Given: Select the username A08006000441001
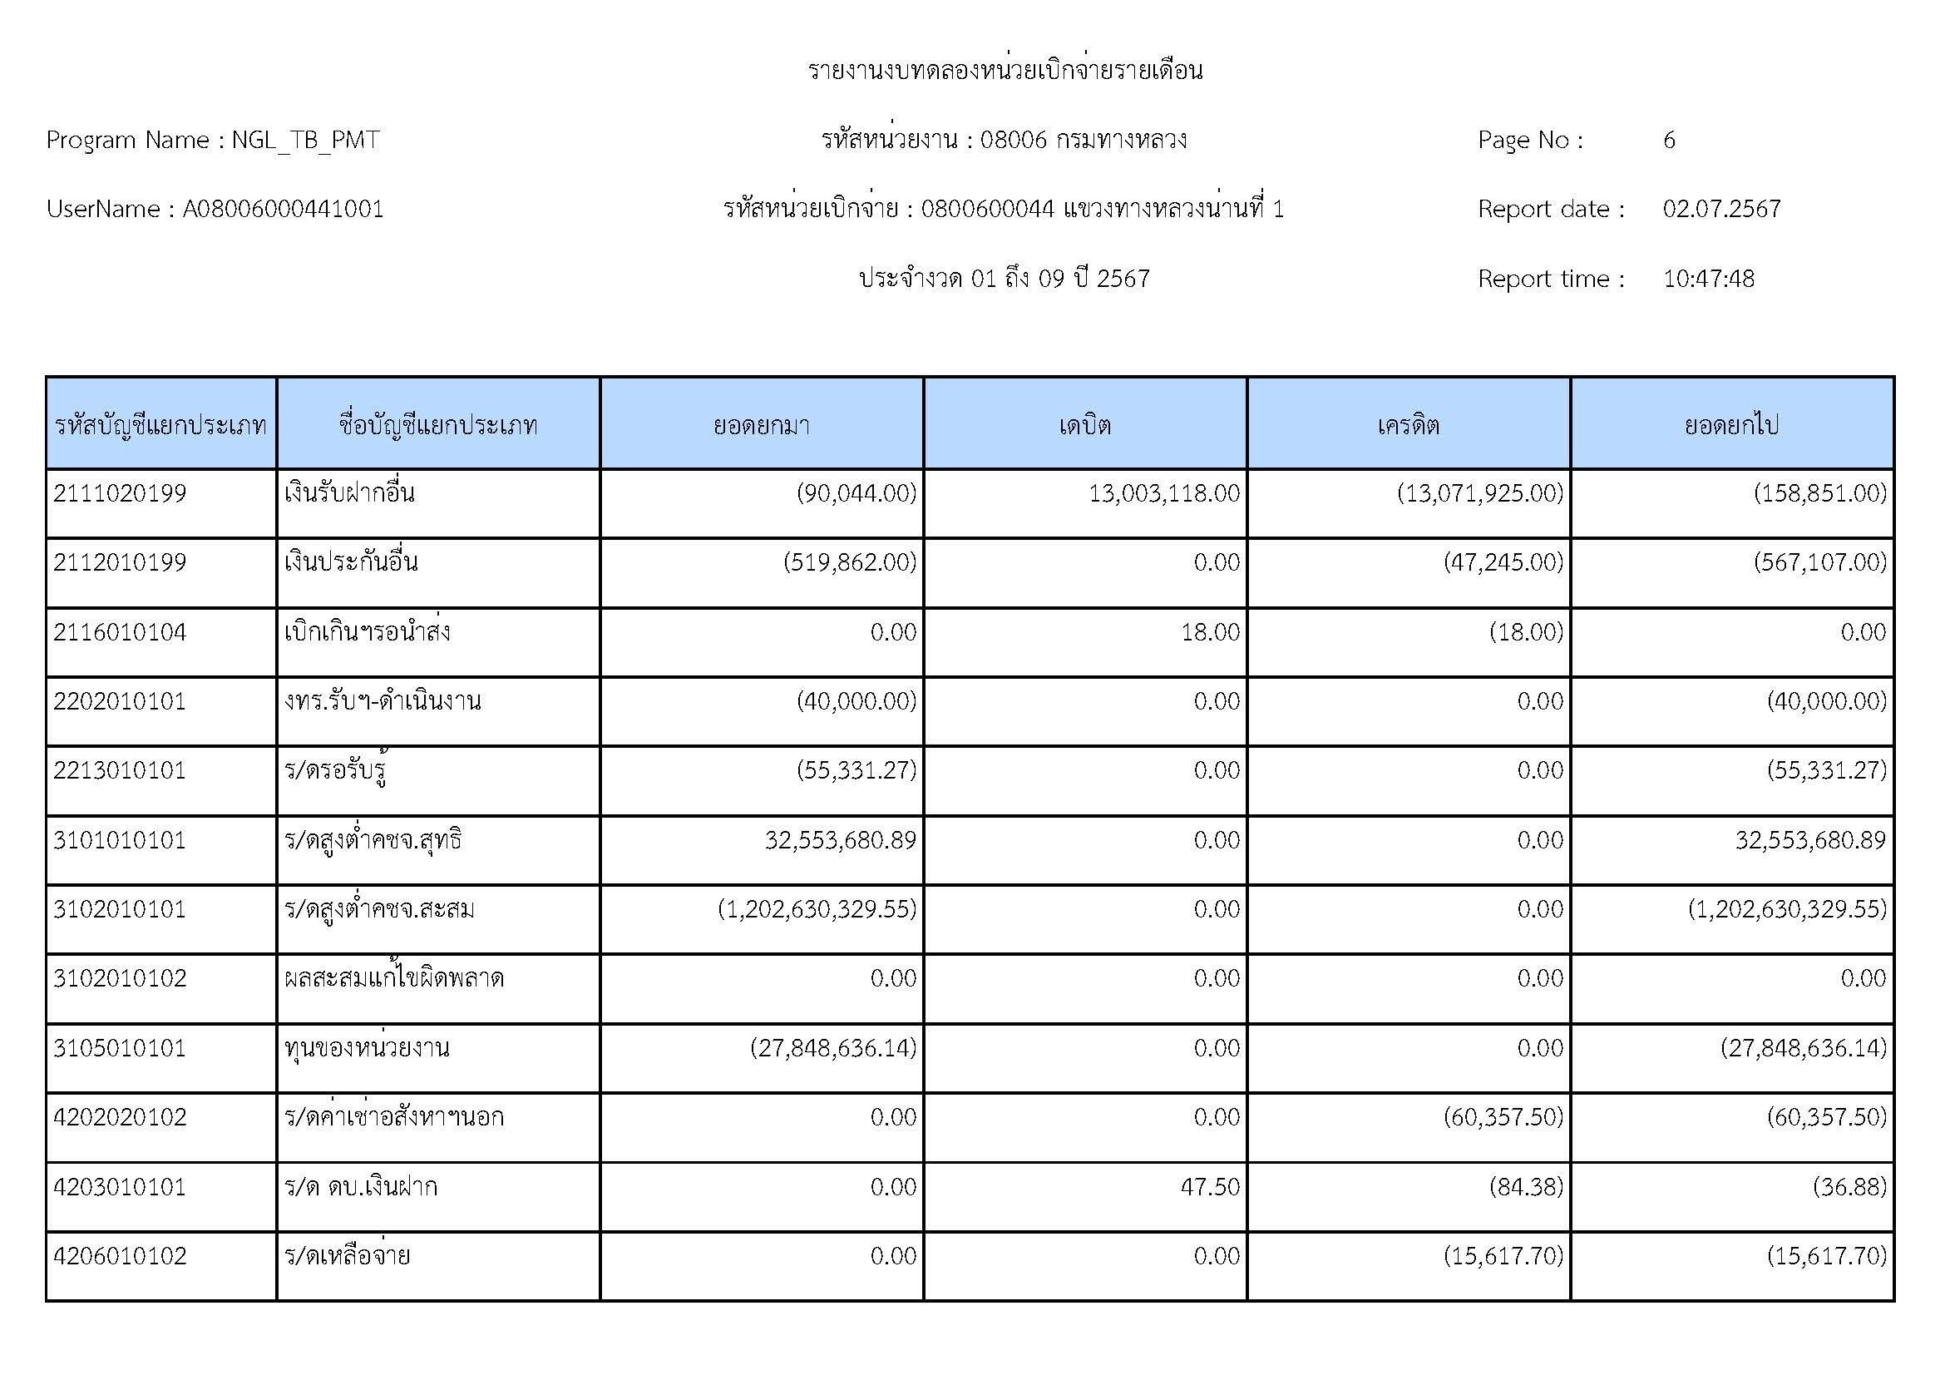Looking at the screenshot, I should (283, 210).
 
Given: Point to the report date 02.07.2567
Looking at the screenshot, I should (1721, 210).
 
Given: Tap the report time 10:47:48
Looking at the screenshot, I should (1708, 279).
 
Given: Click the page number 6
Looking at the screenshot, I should (1669, 140).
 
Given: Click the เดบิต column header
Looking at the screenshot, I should (1084, 424).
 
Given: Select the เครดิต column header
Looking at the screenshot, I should (1408, 424).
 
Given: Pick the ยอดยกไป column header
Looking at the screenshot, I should (1731, 424).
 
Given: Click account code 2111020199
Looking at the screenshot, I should (120, 493).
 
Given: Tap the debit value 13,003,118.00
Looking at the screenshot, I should (1164, 493).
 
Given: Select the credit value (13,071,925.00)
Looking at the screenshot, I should (1480, 493).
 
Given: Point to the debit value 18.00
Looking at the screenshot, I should (1211, 632).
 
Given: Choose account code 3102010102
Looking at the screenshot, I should (120, 978).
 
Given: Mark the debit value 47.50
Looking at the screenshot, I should (1211, 1187).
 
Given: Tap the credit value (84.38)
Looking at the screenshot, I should (1526, 1187).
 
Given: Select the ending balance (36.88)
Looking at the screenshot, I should (1849, 1187).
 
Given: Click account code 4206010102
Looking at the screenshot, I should (120, 1256).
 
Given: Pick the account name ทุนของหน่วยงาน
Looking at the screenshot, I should (367, 1049).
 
